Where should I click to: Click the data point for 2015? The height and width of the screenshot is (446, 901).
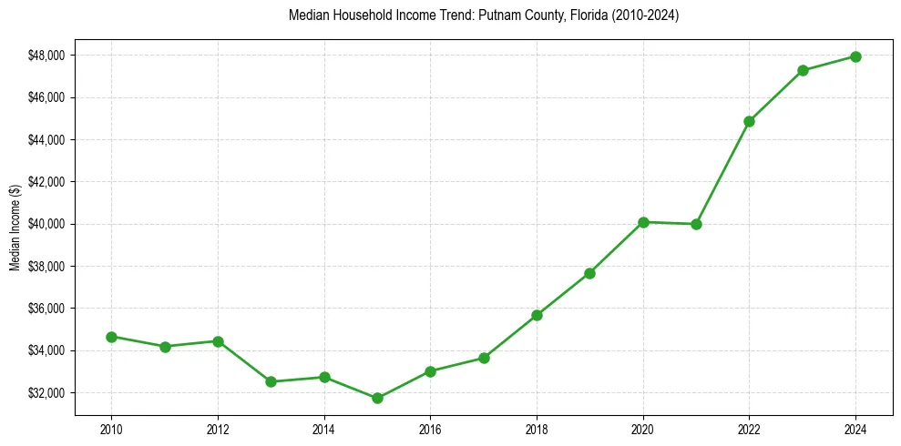point(377,398)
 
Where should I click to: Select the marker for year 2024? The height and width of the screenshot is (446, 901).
point(855,56)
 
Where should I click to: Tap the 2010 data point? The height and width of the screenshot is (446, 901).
point(111,337)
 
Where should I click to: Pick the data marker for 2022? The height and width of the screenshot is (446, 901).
point(749,121)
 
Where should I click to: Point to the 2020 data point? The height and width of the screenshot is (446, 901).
point(643,222)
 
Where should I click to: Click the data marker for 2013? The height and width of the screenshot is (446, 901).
point(271,381)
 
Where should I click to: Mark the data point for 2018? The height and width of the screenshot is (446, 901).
point(537,315)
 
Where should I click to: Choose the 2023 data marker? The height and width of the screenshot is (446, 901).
point(803,70)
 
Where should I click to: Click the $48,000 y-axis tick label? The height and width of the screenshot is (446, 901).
point(46,56)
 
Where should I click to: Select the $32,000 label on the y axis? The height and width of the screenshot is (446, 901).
point(46,393)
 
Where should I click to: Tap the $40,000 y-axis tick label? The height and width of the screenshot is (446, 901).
point(46,224)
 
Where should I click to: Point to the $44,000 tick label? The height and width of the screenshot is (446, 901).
point(46,140)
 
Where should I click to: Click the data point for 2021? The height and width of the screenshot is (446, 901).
point(696,224)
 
